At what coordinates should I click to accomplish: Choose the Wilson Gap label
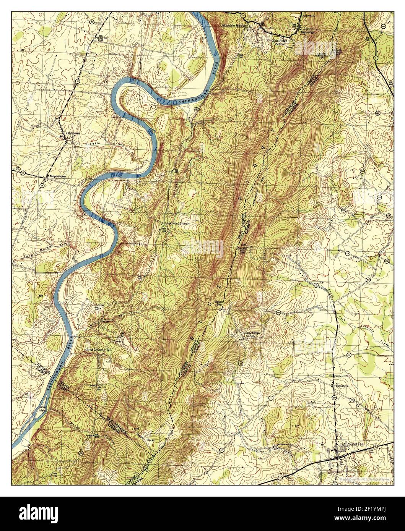(x=219, y=302)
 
